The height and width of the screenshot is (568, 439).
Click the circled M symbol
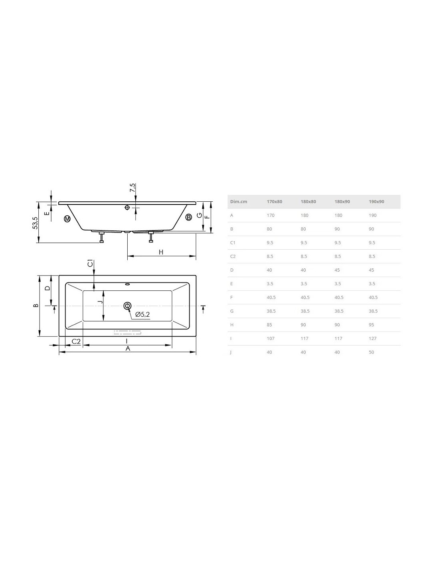[67, 219]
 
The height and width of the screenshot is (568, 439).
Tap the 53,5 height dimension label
[35, 223]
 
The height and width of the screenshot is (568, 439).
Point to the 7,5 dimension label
[132, 188]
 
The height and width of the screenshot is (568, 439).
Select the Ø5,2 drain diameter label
[142, 314]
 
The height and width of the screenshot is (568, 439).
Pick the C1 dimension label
[90, 263]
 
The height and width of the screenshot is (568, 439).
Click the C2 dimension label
[76, 342]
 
